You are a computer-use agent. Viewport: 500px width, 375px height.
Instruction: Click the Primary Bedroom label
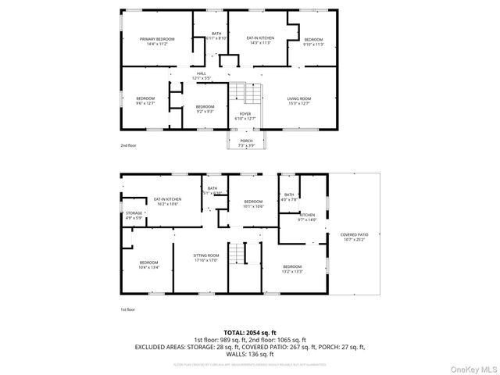tap(157, 41)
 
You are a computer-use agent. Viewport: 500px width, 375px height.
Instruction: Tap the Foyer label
tap(245, 116)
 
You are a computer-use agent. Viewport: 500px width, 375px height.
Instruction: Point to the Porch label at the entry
tap(246, 143)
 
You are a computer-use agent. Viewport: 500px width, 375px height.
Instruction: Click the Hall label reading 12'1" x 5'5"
tap(201, 77)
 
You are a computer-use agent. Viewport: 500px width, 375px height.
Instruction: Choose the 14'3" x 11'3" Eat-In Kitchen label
tap(258, 40)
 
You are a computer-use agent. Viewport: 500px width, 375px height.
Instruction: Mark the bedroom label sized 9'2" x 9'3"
tap(205, 108)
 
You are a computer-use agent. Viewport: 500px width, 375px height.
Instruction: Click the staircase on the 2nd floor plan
tap(249, 95)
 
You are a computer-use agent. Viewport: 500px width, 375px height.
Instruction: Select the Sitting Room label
tap(207, 258)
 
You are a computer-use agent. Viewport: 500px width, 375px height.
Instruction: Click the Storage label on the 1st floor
tap(134, 216)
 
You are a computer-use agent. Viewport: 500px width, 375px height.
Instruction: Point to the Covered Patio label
tap(354, 237)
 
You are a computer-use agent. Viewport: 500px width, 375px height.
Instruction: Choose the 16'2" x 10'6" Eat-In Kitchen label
tap(166, 202)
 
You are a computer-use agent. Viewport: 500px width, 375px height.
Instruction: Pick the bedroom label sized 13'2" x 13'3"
tap(291, 269)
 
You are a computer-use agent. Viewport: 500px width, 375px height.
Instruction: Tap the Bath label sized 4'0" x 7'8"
tap(289, 197)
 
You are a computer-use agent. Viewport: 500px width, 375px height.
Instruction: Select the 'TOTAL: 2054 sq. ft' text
tap(249, 332)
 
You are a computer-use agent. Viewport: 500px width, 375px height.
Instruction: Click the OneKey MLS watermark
tap(475, 367)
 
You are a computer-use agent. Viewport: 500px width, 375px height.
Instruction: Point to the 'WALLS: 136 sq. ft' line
tap(249, 353)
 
